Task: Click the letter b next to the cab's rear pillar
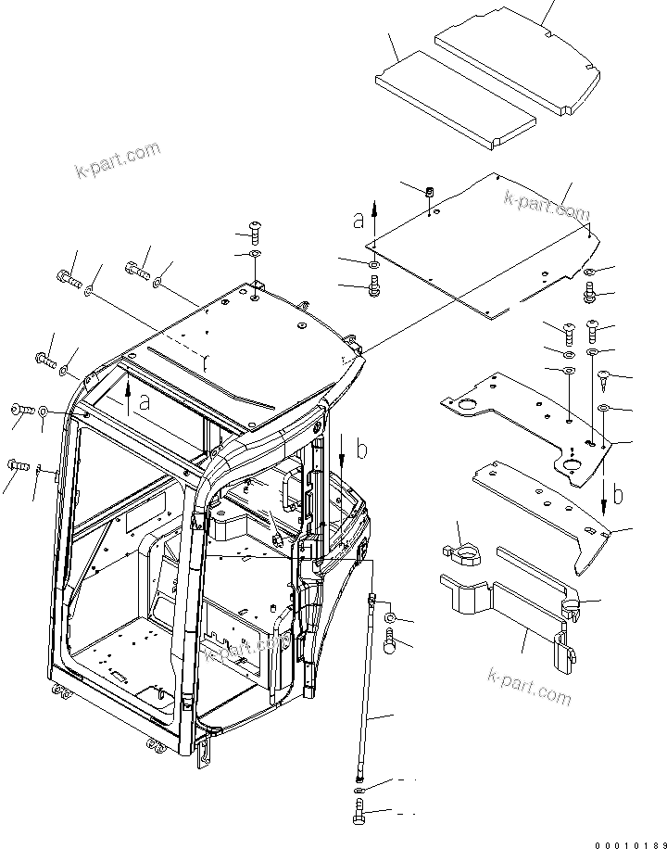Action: pyautogui.click(x=362, y=450)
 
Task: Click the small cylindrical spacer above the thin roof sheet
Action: pyautogui.click(x=430, y=192)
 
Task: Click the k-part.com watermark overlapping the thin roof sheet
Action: pyautogui.click(x=547, y=206)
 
